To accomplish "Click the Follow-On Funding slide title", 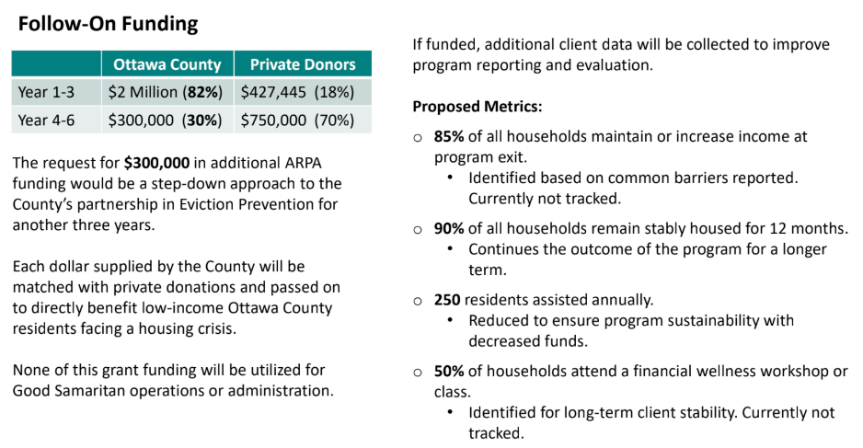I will (x=109, y=24).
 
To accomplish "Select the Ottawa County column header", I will (x=167, y=64).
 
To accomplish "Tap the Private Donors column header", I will (x=303, y=64).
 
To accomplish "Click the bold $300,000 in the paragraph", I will (x=156, y=163).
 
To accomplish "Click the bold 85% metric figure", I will (x=449, y=136).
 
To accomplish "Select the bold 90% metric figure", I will (x=449, y=228).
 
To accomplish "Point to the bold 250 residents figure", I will (x=447, y=300).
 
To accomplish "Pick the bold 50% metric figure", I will (x=449, y=372).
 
